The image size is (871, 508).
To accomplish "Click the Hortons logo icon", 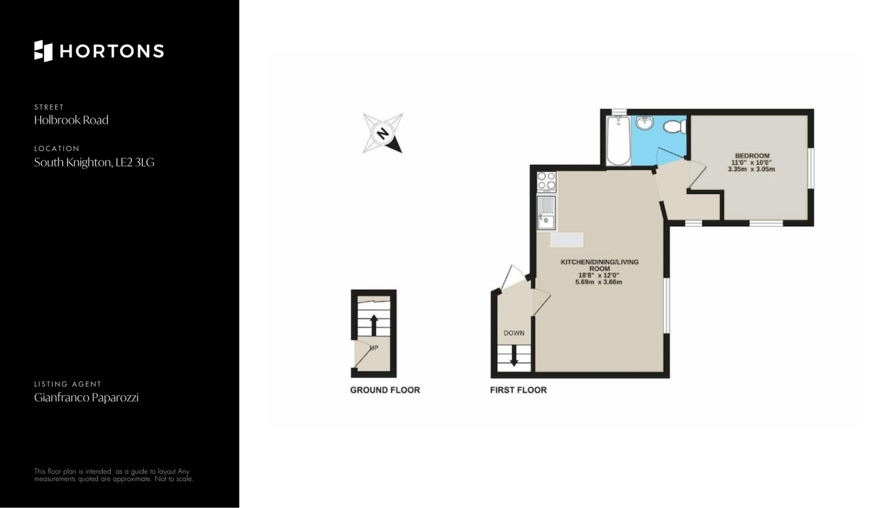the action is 44,51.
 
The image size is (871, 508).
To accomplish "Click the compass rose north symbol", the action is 383,133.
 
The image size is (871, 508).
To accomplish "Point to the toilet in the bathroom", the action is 675,125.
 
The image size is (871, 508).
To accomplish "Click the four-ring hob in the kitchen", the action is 547,181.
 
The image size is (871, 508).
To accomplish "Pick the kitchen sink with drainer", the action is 546,212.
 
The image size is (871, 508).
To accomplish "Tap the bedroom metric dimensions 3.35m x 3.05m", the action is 751,169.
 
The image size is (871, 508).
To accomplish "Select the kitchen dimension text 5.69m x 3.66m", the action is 599,282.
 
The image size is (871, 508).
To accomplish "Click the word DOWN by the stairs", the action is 514,333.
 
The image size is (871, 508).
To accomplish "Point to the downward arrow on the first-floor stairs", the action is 514,355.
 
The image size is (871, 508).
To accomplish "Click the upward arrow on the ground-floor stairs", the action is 374,326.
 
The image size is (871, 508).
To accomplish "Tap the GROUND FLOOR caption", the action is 385,390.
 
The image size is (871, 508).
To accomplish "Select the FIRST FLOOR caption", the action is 519,390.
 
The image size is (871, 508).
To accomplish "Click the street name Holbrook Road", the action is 71,120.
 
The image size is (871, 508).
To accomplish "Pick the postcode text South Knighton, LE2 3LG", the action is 94,163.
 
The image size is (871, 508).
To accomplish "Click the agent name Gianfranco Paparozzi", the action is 87,398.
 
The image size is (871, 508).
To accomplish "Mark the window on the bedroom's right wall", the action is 811,168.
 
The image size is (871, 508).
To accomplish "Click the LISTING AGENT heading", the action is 68,384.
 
